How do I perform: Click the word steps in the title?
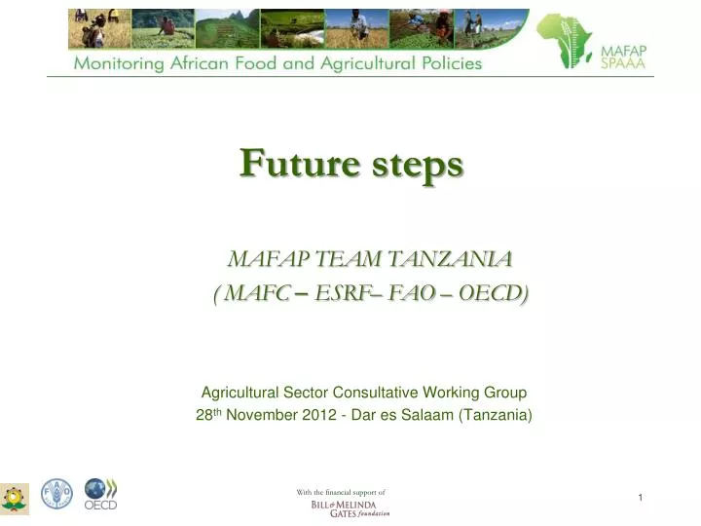(x=414, y=165)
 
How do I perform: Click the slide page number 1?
(x=641, y=499)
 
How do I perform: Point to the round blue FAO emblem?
(x=56, y=495)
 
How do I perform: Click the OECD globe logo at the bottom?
(x=99, y=493)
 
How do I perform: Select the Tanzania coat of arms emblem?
(x=15, y=498)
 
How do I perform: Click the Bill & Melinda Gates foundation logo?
(x=350, y=509)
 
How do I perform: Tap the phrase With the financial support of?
(x=341, y=492)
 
